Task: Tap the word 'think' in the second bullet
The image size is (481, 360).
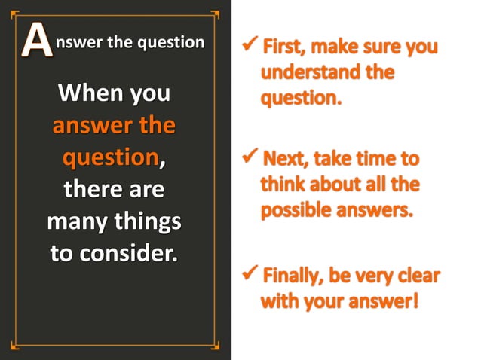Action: click(283, 185)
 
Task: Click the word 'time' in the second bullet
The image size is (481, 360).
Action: click(381, 160)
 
